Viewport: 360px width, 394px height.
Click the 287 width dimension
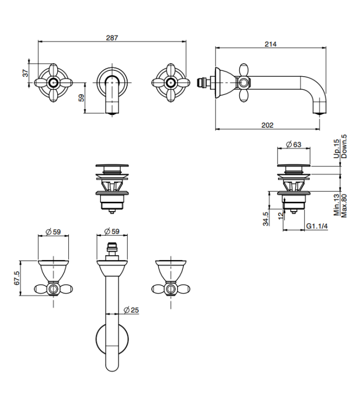click(112, 37)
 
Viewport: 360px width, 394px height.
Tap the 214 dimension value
click(271, 44)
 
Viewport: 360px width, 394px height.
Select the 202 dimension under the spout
click(268, 125)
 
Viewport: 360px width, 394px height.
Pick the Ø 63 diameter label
click(293, 144)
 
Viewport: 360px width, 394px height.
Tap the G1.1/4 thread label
click(317, 226)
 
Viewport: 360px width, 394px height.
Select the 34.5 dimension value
click(266, 218)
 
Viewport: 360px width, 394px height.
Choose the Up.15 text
click(337, 149)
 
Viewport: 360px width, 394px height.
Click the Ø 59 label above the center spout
click(112, 231)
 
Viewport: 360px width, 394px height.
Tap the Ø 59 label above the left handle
click(54, 231)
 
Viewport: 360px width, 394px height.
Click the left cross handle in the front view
click(53, 83)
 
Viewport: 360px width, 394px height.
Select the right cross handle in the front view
click(170, 83)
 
